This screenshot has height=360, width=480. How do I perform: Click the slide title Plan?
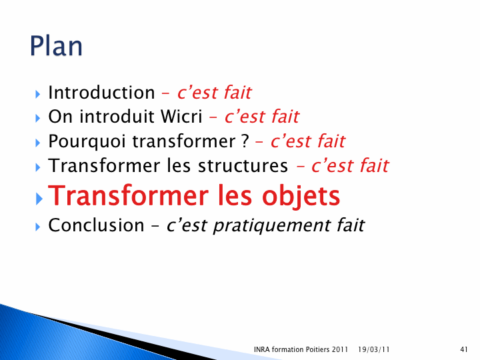tap(56, 46)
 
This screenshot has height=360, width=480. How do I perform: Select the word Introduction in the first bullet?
tap(101, 93)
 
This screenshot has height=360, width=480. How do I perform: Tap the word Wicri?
tap(181, 116)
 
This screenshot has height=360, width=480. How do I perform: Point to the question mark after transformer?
tap(245, 141)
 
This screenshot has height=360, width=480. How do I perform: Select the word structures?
tap(243, 165)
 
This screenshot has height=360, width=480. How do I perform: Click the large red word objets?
tap(301, 196)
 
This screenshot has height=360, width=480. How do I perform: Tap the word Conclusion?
tap(96, 225)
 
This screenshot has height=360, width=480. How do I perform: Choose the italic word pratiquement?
tap(272, 226)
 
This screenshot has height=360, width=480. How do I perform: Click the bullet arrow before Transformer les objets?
tap(39, 199)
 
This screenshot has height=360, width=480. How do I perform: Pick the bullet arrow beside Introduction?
tap(37, 94)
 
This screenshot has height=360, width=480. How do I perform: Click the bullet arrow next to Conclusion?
tap(37, 227)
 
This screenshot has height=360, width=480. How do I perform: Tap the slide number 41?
tap(464, 349)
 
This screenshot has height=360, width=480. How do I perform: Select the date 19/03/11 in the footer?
tap(374, 349)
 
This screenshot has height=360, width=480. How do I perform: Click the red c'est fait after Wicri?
tap(262, 117)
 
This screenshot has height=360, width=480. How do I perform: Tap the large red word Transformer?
tap(129, 196)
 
